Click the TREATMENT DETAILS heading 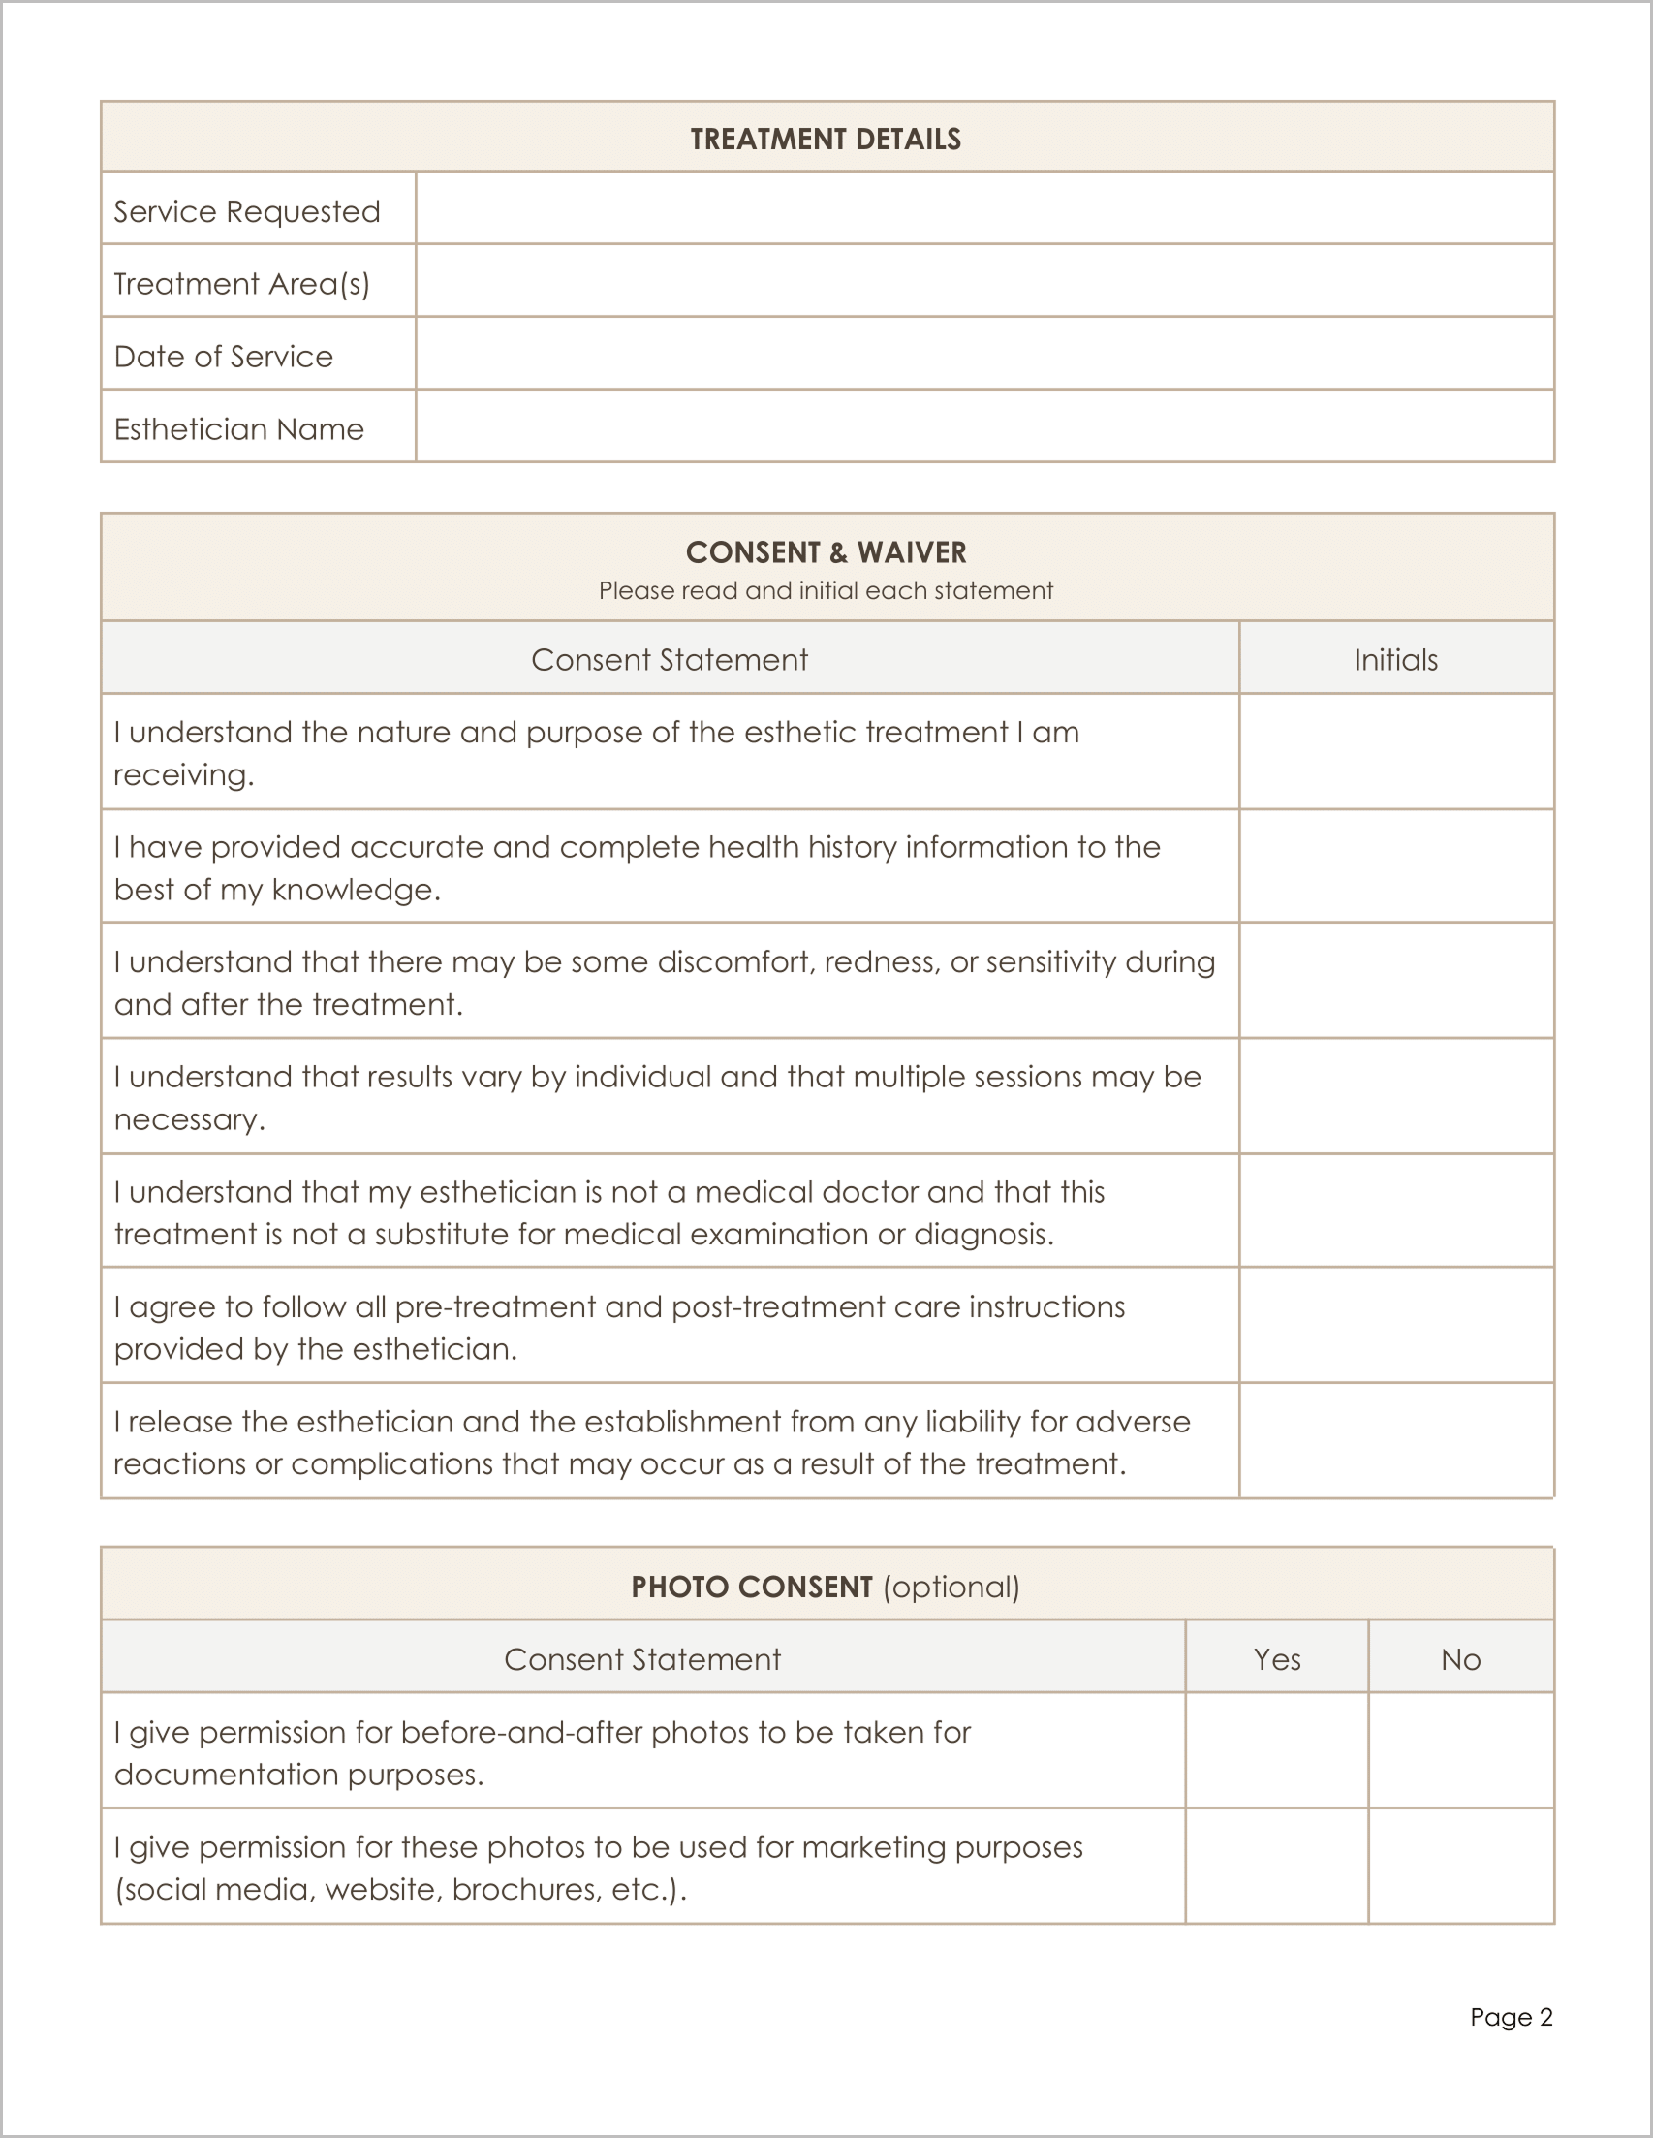(x=825, y=139)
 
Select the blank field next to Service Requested (x=983, y=208)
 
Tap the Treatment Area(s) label (x=240, y=284)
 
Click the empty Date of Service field (x=983, y=354)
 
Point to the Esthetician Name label (x=238, y=428)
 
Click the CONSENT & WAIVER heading (x=825, y=552)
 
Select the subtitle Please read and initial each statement (x=825, y=590)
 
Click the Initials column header (x=1394, y=660)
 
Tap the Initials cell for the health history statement (x=1394, y=866)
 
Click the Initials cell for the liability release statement (x=1394, y=1441)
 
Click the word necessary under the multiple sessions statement (x=188, y=1119)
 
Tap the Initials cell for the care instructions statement (x=1394, y=1326)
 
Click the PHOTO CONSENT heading (x=751, y=1587)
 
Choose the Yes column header (x=1276, y=1659)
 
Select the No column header (x=1459, y=1659)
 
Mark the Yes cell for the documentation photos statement (x=1276, y=1751)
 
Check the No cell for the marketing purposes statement (x=1459, y=1866)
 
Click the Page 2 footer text (x=1511, y=2017)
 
